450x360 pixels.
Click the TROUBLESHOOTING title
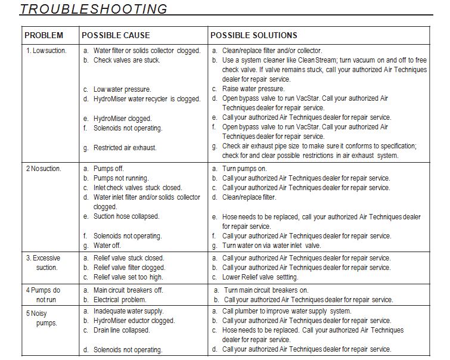click(94, 9)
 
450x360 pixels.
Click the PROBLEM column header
click(44, 35)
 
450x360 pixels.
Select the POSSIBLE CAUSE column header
click(116, 35)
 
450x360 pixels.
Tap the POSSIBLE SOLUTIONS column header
click(254, 35)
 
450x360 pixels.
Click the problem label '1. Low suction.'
click(46, 51)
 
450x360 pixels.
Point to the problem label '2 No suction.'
click(43, 169)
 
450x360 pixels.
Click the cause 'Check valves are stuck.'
click(126, 60)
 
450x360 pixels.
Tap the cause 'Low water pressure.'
click(122, 89)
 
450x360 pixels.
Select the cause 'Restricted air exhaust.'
click(125, 147)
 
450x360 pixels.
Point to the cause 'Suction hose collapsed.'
click(126, 216)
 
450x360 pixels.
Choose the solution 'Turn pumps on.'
click(244, 169)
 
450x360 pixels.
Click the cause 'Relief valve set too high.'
click(129, 277)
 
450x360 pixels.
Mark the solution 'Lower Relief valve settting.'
click(260, 277)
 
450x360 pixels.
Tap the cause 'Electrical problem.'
click(119, 300)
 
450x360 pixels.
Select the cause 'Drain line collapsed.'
click(122, 330)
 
